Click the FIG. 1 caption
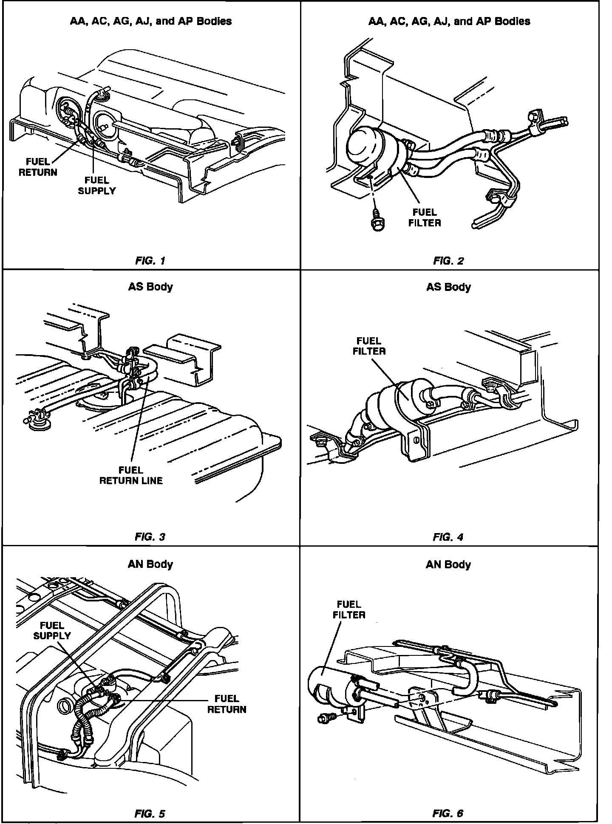(150, 261)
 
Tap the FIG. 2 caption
(448, 261)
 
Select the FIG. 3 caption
(150, 537)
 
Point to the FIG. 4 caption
(448, 537)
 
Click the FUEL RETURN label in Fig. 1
(38, 167)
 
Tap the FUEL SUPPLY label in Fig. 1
(97, 186)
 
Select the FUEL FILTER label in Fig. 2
(425, 217)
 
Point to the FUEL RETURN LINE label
(131, 475)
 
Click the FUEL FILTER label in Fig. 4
(369, 346)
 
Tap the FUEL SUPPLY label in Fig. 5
(52, 630)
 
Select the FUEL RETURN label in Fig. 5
(227, 704)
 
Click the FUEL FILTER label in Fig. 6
(349, 609)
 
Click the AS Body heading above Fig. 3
(150, 287)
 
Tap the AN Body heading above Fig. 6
(448, 564)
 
